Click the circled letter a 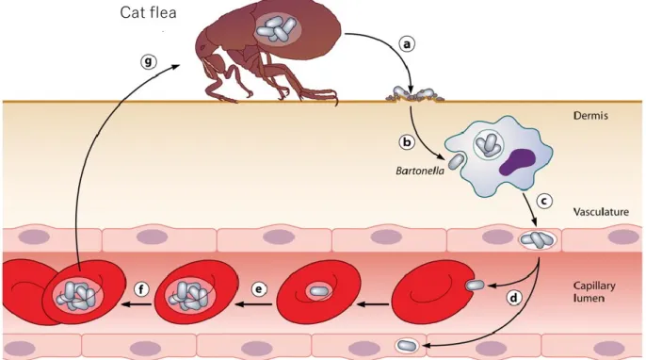pyautogui.click(x=407, y=43)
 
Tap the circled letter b pyautogui.click(x=407, y=142)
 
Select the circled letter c pyautogui.click(x=544, y=201)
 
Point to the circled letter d pyautogui.click(x=513, y=298)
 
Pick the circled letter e pyautogui.click(x=259, y=289)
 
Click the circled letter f pyautogui.click(x=141, y=289)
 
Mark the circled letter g pyautogui.click(x=149, y=61)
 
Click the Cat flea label pyautogui.click(x=149, y=12)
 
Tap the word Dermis pyautogui.click(x=590, y=116)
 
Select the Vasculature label pyautogui.click(x=601, y=212)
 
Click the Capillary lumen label pyautogui.click(x=594, y=291)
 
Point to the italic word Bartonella pyautogui.click(x=420, y=171)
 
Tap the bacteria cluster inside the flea pyautogui.click(x=277, y=30)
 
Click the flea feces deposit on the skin pyautogui.click(x=414, y=94)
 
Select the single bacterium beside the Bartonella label pyautogui.click(x=456, y=161)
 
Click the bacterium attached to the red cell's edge pyautogui.click(x=475, y=285)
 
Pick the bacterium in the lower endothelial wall pyautogui.click(x=407, y=345)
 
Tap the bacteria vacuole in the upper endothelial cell pyautogui.click(x=537, y=239)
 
